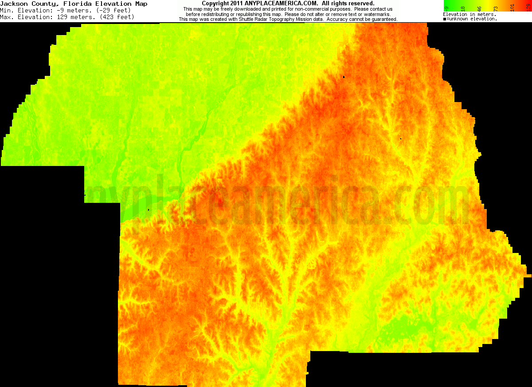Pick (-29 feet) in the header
(x=113, y=10)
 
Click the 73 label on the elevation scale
(x=496, y=8)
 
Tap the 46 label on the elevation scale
(x=478, y=8)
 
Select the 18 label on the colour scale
(x=462, y=8)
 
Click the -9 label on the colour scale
(x=446, y=8)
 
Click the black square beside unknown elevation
(x=445, y=19)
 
